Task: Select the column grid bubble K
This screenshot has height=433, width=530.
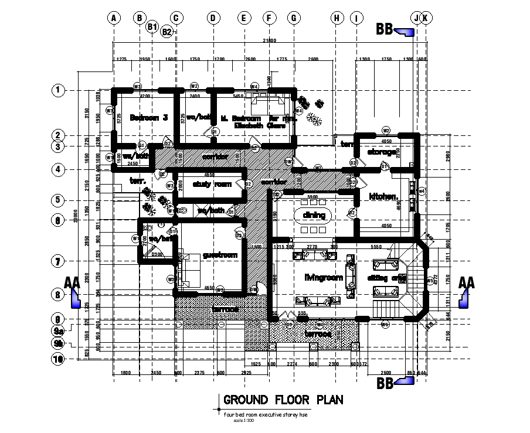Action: (426, 18)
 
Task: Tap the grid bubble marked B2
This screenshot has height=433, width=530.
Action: (167, 32)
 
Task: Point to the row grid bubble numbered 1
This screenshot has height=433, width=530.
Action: (57, 90)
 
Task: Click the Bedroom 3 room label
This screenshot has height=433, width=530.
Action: (149, 117)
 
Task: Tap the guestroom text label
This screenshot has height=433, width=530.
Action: (219, 255)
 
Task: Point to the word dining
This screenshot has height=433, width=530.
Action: (314, 215)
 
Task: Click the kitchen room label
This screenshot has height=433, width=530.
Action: (383, 197)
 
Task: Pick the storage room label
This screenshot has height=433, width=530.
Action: (383, 152)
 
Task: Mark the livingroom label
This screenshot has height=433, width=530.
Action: (323, 277)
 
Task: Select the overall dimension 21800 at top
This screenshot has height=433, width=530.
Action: (270, 40)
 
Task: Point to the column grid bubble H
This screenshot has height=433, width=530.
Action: (337, 18)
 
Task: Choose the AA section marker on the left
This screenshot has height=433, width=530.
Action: (73, 291)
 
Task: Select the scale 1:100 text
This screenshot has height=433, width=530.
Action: (240, 420)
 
